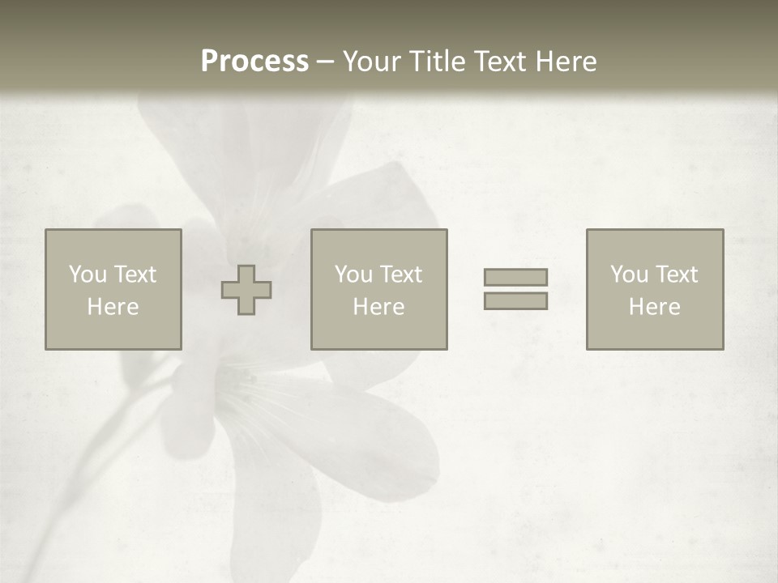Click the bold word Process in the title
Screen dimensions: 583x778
(x=254, y=62)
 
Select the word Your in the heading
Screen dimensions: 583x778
(x=372, y=62)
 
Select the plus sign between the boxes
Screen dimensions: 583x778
(x=246, y=290)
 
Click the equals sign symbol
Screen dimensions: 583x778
(x=515, y=289)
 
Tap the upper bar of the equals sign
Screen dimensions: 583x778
(x=515, y=278)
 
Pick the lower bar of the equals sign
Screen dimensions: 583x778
(x=515, y=300)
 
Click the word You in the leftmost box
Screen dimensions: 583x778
(x=88, y=274)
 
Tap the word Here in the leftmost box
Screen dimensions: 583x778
(x=113, y=307)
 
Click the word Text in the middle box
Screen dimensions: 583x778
(x=401, y=274)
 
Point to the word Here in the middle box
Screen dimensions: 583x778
(x=378, y=307)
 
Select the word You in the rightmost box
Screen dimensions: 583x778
(x=629, y=274)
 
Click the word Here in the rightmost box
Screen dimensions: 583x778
(x=654, y=307)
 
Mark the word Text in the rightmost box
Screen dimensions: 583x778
(x=677, y=274)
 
